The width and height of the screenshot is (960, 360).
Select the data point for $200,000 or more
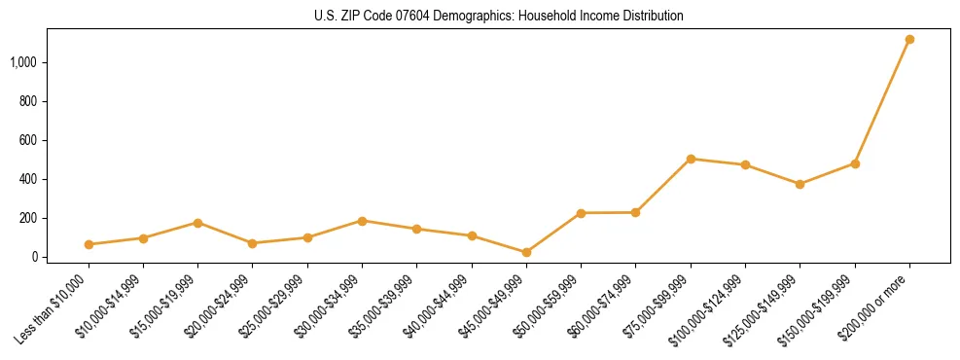pos(909,40)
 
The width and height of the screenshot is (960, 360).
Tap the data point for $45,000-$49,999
pos(526,252)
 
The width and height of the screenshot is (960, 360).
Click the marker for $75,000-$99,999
pos(691,159)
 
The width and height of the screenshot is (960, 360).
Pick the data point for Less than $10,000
pos(89,244)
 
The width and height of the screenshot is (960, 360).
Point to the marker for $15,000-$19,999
pos(197,223)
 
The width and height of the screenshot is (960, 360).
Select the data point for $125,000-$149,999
pos(800,184)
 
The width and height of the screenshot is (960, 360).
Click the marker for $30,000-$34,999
pos(362,221)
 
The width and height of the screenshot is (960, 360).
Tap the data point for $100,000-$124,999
pos(745,165)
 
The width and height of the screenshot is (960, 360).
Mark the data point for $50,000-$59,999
pos(581,213)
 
